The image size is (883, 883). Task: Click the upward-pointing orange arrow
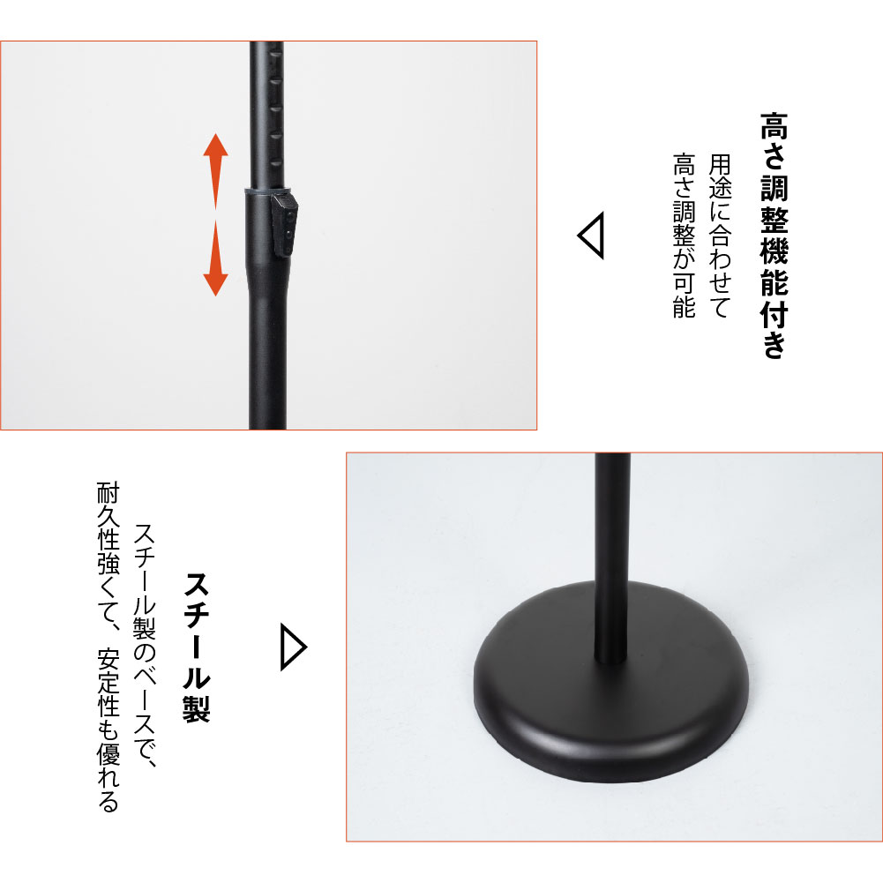215,170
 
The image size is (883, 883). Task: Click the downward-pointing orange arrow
215,258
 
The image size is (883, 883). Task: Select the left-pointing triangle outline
591,235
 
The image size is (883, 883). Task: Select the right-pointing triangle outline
294,647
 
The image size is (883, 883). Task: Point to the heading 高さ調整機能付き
774,235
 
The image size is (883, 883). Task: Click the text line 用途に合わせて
719,236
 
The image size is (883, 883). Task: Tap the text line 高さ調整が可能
685,236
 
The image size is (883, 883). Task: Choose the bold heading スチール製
197,647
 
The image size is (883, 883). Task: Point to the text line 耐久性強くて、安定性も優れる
109,647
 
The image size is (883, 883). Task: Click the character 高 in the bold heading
774,125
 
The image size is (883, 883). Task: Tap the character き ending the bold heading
774,345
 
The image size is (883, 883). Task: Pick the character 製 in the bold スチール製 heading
197,708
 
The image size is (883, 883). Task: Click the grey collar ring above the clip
266,191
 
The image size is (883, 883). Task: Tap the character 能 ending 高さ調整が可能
685,307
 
